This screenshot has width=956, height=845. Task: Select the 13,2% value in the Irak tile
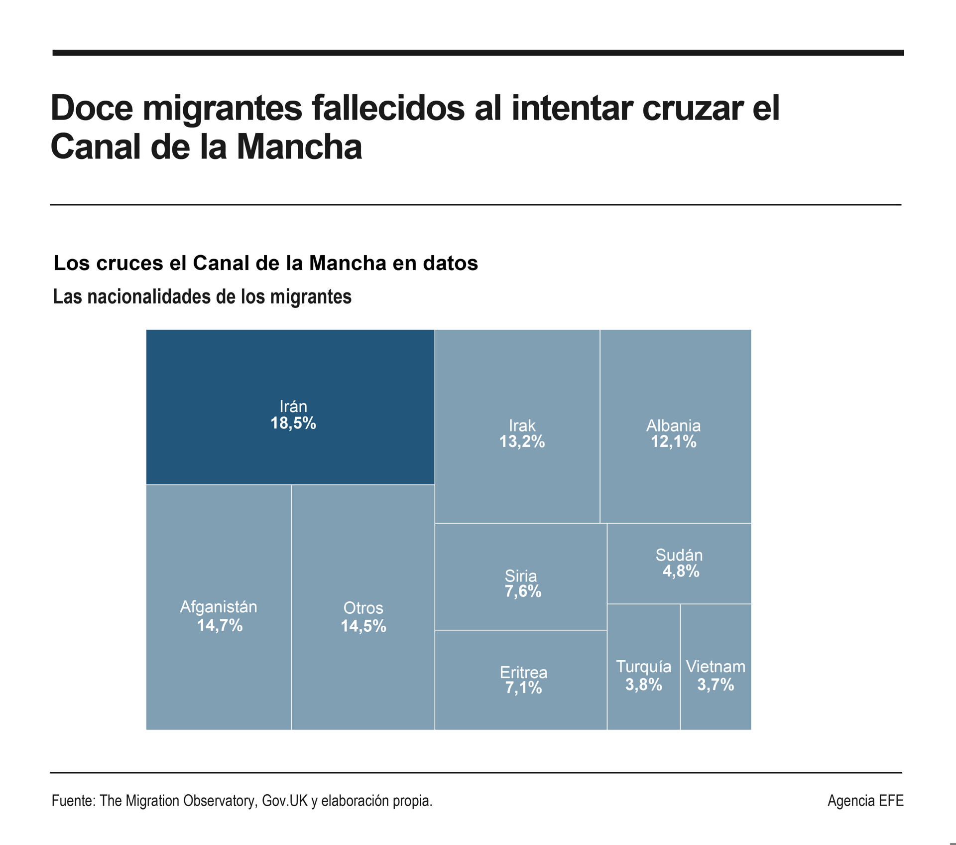click(522, 442)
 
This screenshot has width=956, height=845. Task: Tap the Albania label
click(673, 425)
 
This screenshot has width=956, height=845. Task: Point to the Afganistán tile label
click(219, 607)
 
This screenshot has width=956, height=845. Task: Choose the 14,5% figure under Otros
click(363, 626)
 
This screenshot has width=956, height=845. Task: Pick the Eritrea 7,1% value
click(523, 688)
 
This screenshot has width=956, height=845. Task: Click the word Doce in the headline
click(92, 108)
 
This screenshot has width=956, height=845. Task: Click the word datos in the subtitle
click(450, 263)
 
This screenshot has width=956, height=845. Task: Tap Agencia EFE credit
click(865, 801)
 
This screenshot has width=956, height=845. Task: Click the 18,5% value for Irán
click(293, 423)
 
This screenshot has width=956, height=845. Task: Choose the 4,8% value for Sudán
click(681, 571)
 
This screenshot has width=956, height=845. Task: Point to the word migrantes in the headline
click(222, 108)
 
